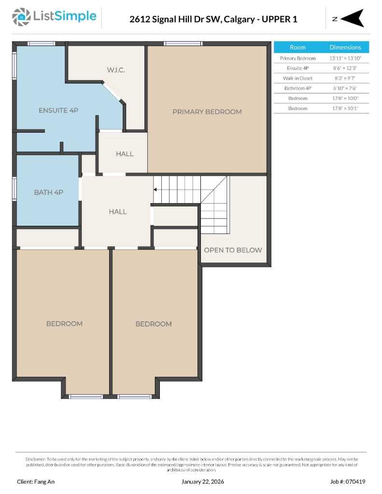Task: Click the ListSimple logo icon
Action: [21, 17]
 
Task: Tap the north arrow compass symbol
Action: [352, 18]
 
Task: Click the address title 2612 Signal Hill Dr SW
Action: [213, 19]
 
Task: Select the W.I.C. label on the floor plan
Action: [116, 70]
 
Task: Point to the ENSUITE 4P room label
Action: [58, 110]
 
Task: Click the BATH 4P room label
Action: [48, 192]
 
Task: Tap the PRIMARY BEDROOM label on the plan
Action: [207, 111]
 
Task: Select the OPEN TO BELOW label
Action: [233, 250]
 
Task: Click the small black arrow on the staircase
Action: [156, 190]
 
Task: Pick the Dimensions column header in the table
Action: [345, 47]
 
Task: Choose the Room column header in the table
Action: [297, 47]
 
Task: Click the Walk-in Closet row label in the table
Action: [297, 78]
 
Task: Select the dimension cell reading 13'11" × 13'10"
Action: [345, 58]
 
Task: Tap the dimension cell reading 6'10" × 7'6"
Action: [345, 88]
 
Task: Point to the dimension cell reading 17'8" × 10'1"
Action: [345, 109]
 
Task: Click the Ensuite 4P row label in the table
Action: [297, 68]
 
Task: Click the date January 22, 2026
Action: [203, 481]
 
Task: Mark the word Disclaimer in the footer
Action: [36, 459]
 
